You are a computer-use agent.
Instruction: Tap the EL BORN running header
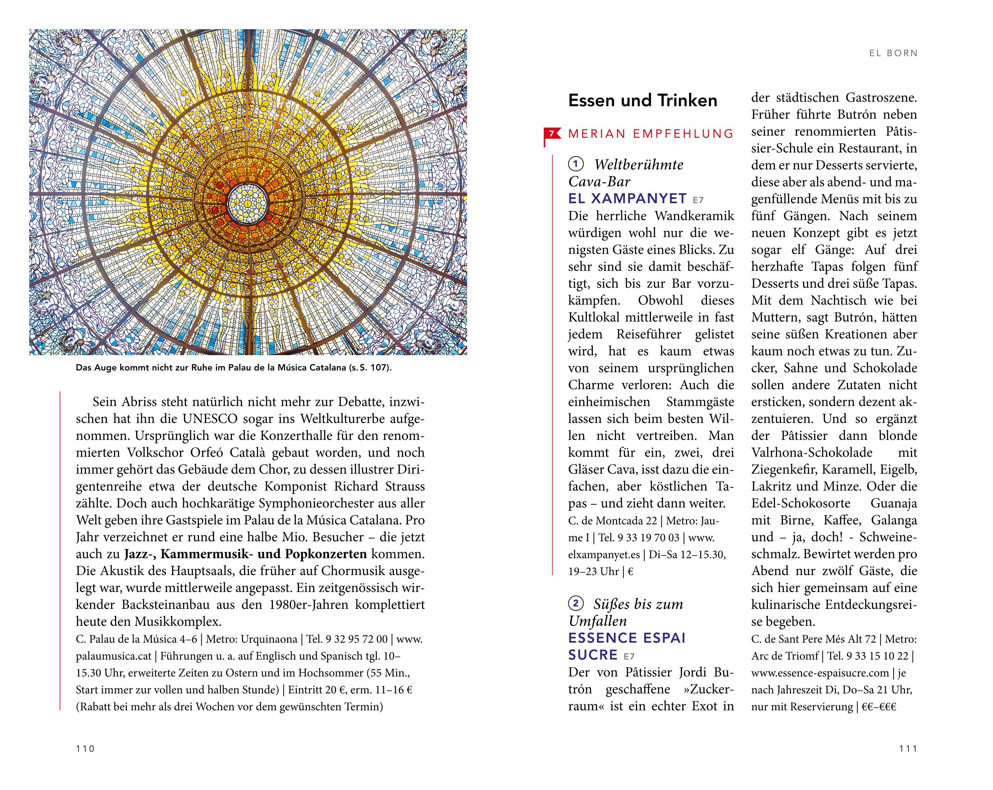click(893, 53)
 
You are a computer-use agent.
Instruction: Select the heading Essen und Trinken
click(642, 101)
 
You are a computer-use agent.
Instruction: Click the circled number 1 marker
click(576, 164)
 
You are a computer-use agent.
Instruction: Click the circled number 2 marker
click(576, 603)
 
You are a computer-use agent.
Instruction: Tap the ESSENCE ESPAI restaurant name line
click(627, 638)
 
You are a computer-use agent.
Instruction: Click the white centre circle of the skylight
click(248, 201)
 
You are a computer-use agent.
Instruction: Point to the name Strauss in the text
click(402, 486)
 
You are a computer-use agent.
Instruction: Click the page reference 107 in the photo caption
click(381, 368)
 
